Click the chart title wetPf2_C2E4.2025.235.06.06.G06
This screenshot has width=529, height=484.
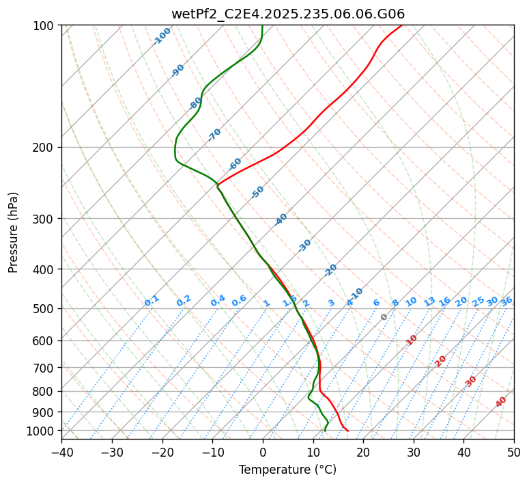[287, 14]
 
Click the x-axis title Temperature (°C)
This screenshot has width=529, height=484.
[287, 470]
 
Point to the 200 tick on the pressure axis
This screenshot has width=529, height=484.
[43, 147]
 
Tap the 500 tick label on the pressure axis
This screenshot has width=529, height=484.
[43, 308]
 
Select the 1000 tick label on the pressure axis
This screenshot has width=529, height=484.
[40, 431]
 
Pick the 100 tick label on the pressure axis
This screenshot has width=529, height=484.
[43, 25]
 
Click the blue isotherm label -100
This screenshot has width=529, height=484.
[162, 36]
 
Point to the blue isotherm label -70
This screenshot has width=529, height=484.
[214, 135]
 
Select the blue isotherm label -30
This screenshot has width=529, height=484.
[304, 245]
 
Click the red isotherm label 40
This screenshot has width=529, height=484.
[501, 402]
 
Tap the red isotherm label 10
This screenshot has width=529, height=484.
[412, 340]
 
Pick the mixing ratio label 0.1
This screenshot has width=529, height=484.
[152, 301]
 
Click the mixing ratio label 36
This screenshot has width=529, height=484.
[506, 301]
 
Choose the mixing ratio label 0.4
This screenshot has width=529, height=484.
[218, 301]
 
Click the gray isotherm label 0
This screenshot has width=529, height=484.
[384, 317]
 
